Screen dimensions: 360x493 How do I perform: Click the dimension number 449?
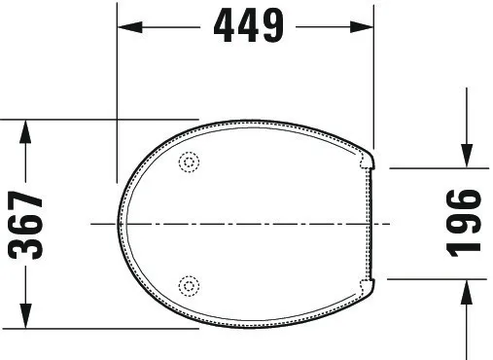pyautogui.click(x=247, y=27)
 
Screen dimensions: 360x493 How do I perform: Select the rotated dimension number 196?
pyautogui.click(x=467, y=222)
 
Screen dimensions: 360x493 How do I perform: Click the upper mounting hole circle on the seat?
pyautogui.click(x=190, y=163)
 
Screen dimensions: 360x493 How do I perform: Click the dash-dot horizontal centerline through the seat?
pyautogui.click(x=243, y=224)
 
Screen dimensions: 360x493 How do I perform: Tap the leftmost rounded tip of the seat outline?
pyautogui.click(x=121, y=224)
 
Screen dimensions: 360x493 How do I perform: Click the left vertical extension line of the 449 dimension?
pyautogui.click(x=117, y=97)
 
